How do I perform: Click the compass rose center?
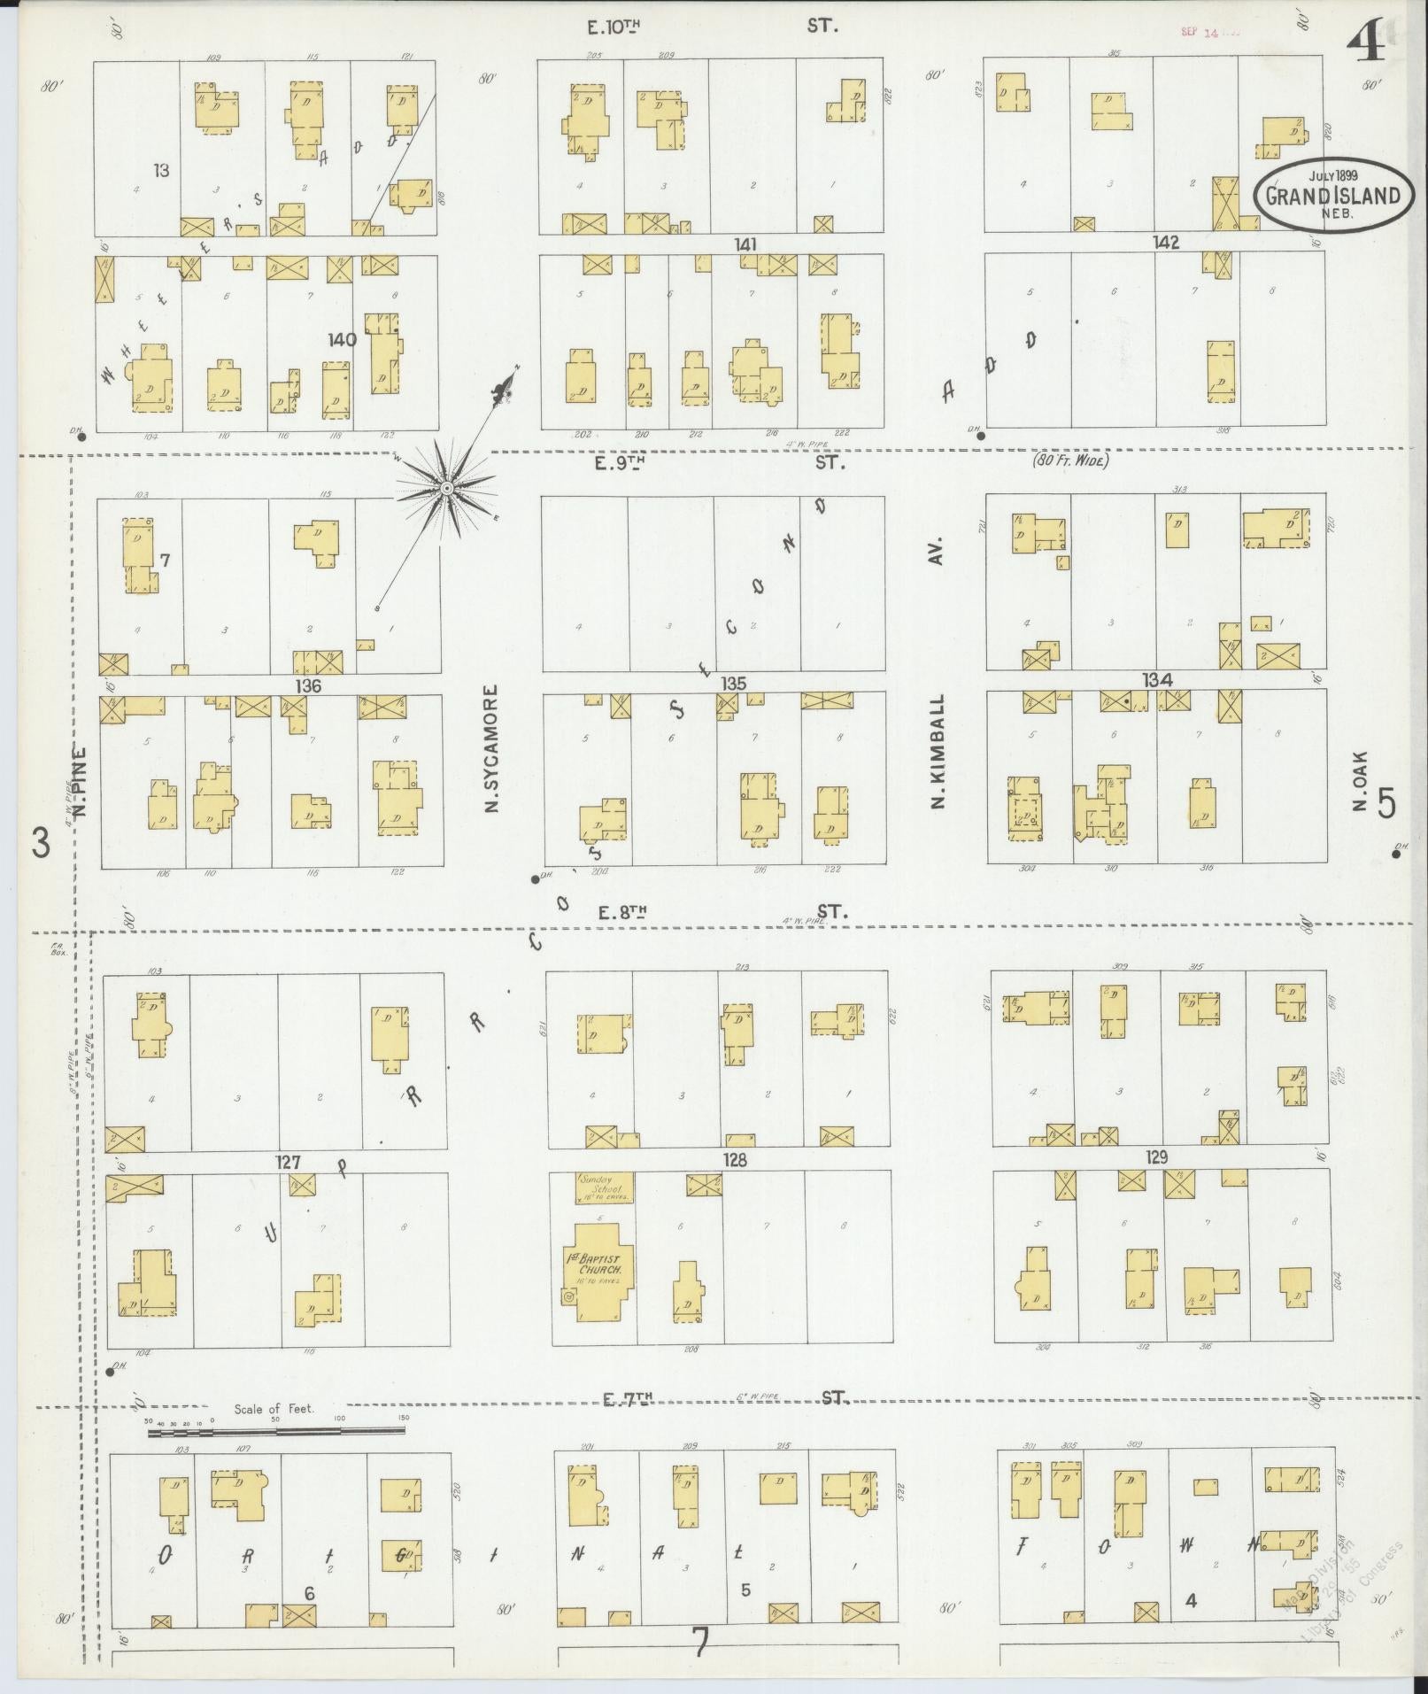(446, 487)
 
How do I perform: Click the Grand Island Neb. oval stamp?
(1332, 194)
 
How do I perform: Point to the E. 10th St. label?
(711, 27)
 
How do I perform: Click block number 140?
(342, 339)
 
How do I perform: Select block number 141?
(745, 244)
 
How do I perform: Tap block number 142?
(1165, 243)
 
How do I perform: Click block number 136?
(308, 685)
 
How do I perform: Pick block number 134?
(1157, 680)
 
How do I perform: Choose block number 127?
(289, 1162)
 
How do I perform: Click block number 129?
(1156, 1156)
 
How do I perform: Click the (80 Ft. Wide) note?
(1070, 460)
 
